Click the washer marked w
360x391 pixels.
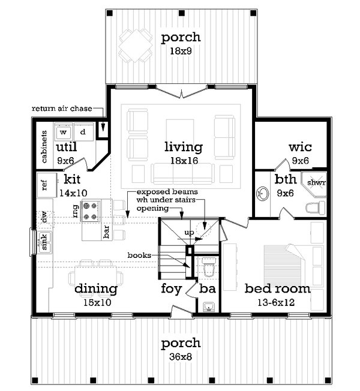coord(64,132)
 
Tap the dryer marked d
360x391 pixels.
coord(83,132)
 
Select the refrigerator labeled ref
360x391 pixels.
coord(47,185)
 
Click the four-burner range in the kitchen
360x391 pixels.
coord(91,210)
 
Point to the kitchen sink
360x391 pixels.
coord(44,242)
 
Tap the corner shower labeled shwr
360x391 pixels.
coord(314,184)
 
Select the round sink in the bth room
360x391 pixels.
coord(262,194)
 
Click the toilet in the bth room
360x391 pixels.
coord(316,207)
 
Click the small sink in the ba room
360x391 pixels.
coord(209,306)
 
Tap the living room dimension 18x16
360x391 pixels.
coord(184,161)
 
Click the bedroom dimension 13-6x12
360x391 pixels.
coord(276,302)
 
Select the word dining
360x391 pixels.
coord(96,289)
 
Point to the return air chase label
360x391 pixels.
coord(62,109)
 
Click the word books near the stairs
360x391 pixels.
coord(139,255)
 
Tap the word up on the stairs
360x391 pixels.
coord(189,233)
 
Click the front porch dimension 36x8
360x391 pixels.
coord(181,357)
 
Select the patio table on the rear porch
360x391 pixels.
coord(135,46)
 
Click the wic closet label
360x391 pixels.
coord(300,147)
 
